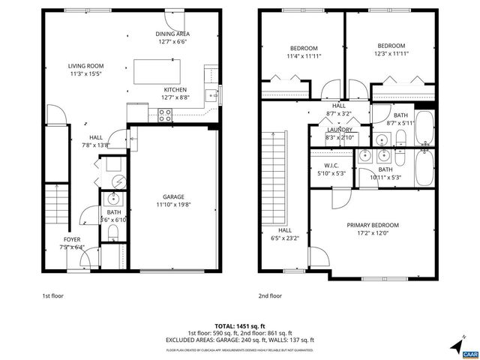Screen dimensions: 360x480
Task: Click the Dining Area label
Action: coord(172,34)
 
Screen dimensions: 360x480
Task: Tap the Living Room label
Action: coord(85,66)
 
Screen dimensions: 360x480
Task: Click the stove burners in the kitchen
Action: coord(165,114)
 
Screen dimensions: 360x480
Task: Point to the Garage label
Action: coord(173,196)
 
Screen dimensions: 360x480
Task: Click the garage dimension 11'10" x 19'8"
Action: coord(173,205)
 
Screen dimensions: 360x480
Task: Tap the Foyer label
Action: coord(73,238)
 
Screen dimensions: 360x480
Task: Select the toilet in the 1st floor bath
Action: coord(112,233)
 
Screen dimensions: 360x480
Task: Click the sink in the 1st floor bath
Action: coord(112,199)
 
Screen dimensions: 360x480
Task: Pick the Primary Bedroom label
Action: coord(372,225)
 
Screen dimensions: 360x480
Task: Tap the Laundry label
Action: coord(339,130)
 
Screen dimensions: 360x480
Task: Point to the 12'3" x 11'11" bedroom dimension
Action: coord(391,53)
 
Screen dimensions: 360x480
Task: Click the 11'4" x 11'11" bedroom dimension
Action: coord(304,55)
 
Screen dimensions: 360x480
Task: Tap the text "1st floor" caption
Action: coord(52,296)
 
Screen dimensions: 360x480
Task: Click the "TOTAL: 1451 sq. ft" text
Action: coord(240,326)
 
